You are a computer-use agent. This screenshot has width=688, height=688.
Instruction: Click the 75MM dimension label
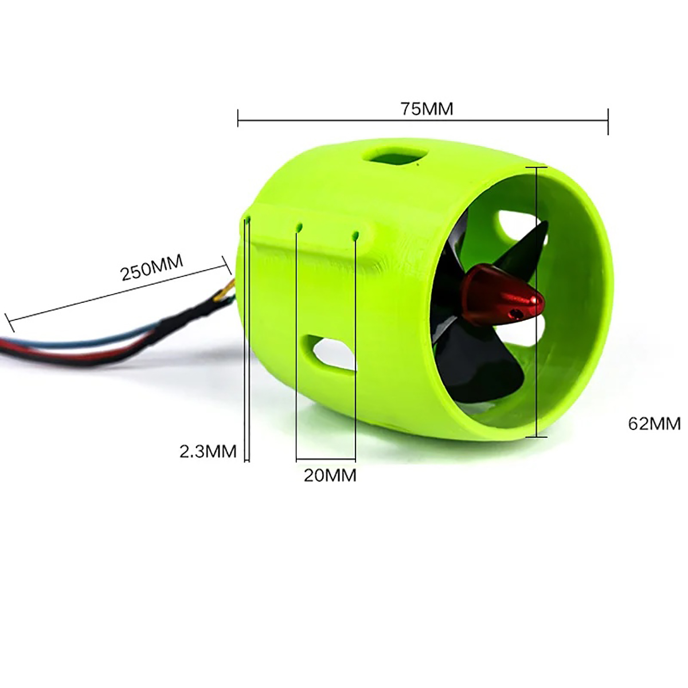coord(427,109)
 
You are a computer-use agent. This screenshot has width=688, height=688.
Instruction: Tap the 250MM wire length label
coord(152,267)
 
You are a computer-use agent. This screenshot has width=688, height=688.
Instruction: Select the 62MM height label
coord(654,424)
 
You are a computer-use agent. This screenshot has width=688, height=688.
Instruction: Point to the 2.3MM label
coord(208,452)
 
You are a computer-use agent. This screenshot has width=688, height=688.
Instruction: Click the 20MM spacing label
coord(330,475)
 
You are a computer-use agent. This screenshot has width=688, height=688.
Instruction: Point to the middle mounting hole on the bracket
coord(299,226)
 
